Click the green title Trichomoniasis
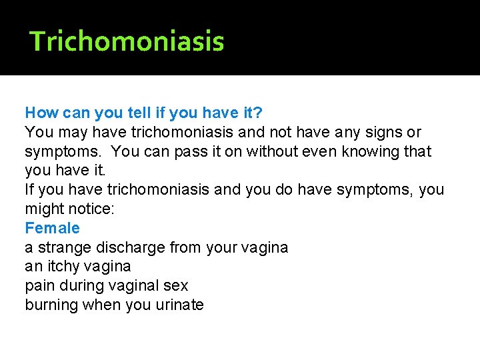click(x=127, y=41)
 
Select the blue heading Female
click(x=52, y=228)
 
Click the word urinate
click(x=178, y=305)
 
